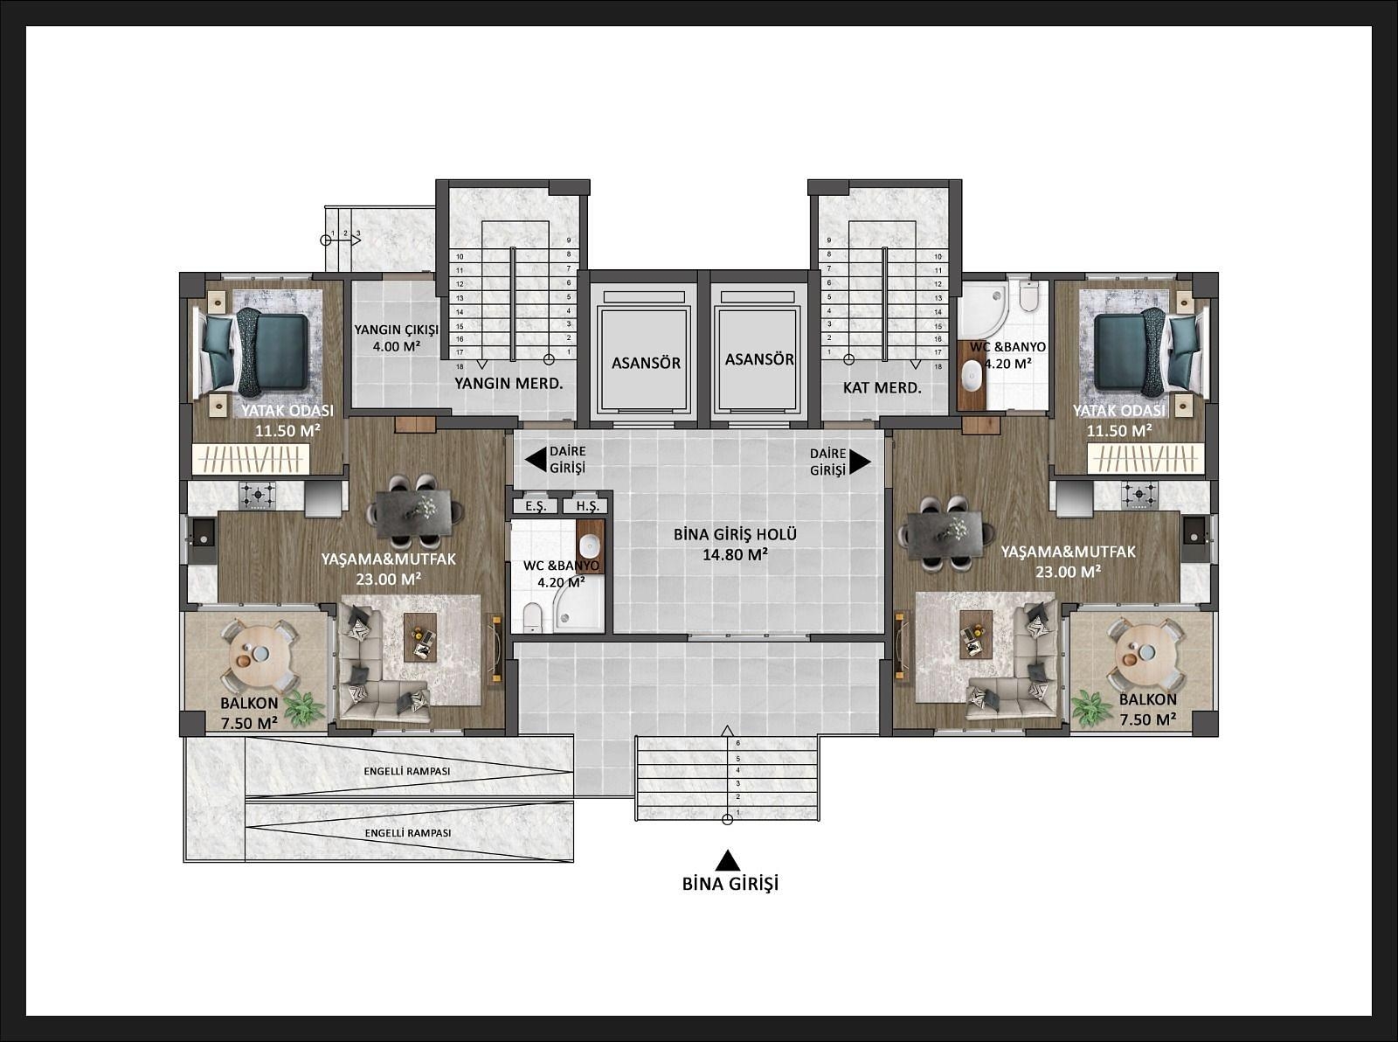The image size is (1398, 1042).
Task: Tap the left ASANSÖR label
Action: click(646, 364)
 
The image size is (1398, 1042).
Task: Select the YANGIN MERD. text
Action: click(509, 384)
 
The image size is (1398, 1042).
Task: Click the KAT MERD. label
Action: click(882, 388)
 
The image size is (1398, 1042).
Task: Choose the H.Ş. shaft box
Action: click(585, 506)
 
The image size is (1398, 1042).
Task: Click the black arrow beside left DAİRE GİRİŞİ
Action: click(536, 460)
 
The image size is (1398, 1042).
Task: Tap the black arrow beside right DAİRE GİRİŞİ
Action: click(860, 462)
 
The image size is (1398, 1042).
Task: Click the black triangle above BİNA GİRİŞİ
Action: click(728, 859)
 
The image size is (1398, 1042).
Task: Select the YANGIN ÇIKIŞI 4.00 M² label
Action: click(396, 337)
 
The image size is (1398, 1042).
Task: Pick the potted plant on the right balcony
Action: click(1091, 708)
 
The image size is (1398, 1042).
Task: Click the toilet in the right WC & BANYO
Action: click(1028, 295)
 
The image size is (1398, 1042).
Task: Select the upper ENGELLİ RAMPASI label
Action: click(407, 771)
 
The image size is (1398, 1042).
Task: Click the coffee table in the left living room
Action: click(419, 637)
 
